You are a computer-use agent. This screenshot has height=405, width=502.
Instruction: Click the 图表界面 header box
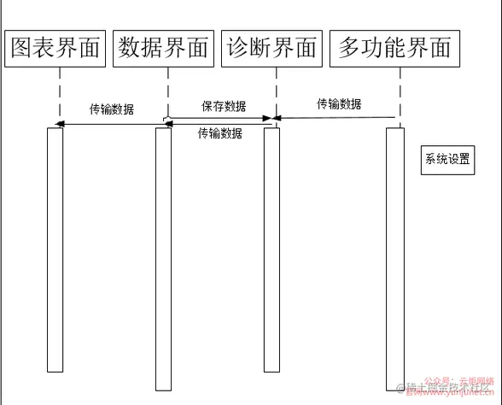(55, 49)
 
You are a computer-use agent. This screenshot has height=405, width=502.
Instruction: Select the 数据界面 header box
(164, 49)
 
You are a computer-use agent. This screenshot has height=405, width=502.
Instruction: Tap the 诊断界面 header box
(271, 49)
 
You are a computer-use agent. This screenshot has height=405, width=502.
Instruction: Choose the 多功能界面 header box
(394, 49)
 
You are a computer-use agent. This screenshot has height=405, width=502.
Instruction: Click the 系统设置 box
(447, 160)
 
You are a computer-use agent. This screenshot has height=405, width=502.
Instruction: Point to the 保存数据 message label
(224, 107)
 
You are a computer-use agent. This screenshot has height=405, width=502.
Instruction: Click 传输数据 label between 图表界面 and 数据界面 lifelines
(112, 110)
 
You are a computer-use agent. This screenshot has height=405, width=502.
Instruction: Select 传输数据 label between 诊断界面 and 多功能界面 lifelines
(339, 104)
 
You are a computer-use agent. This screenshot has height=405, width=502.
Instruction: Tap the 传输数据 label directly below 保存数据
(219, 133)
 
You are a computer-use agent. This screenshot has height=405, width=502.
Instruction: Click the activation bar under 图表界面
(55, 248)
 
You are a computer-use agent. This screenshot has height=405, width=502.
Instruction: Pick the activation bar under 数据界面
(163, 256)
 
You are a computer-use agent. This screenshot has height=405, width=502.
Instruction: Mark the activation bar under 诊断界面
(271, 248)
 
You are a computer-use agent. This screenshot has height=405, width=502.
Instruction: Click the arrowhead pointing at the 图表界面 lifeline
(61, 125)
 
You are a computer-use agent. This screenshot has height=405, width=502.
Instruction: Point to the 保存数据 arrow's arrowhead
(267, 118)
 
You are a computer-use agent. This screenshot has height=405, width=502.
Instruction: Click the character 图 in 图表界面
(22, 49)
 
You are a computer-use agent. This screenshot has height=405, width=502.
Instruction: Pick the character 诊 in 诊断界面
(237, 49)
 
